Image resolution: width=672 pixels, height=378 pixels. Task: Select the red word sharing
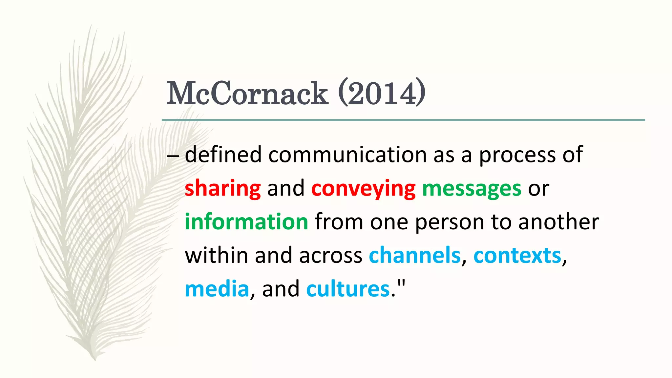(x=222, y=188)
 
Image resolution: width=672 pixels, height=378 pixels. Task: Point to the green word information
(x=246, y=222)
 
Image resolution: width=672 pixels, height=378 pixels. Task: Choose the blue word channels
(x=415, y=255)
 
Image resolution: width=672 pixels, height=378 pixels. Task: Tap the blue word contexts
(x=517, y=255)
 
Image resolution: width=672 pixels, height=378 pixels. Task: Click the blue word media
(x=217, y=289)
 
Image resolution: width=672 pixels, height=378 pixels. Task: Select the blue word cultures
(x=348, y=289)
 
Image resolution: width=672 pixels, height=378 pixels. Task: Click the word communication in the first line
(x=347, y=155)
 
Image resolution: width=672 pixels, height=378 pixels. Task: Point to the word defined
(x=223, y=155)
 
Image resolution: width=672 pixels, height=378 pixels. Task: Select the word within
(x=217, y=255)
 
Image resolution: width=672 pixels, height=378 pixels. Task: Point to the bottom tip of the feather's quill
(x=95, y=360)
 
